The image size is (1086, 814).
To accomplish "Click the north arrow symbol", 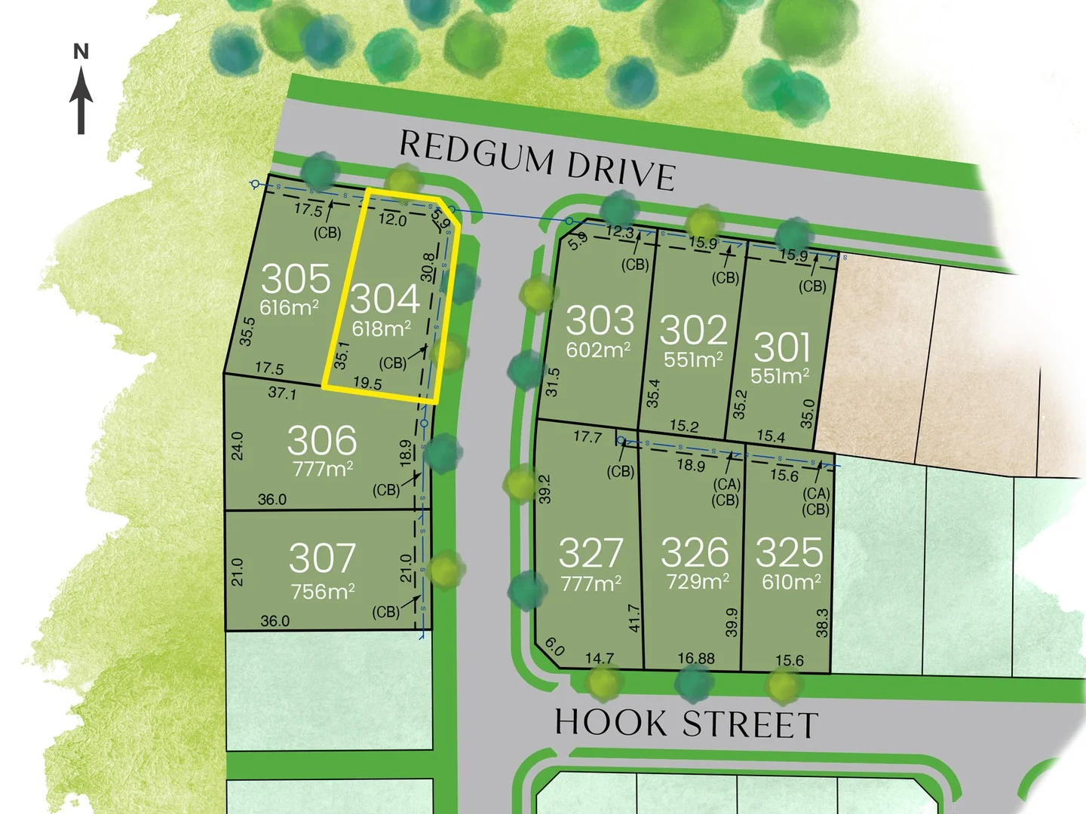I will point(81,98).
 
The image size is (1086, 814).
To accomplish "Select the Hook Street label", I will point(686,724).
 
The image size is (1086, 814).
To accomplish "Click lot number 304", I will point(385,298).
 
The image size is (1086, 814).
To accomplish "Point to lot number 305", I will point(296,279).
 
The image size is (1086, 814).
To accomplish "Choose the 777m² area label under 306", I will point(322,469).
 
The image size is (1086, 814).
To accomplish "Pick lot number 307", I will point(322,558).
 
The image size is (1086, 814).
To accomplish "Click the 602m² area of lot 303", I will point(598,350).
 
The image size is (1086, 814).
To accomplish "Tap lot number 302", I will point(693,330).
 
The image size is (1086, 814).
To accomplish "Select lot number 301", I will point(782,347).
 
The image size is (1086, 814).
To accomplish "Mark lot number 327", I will point(591,553).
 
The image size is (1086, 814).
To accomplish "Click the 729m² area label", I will point(698,582).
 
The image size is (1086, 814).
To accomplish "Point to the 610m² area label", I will point(791,582).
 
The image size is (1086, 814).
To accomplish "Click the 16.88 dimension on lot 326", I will point(695,659).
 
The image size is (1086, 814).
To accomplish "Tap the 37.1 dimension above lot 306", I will point(282,393).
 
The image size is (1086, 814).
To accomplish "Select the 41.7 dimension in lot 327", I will point(633,618).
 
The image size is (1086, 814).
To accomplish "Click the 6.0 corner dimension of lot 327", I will point(554,647).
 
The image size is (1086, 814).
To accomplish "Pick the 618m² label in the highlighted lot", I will point(382,329).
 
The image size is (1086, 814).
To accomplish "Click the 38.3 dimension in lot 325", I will point(822,623).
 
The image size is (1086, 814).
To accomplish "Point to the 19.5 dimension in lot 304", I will point(367,383).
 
